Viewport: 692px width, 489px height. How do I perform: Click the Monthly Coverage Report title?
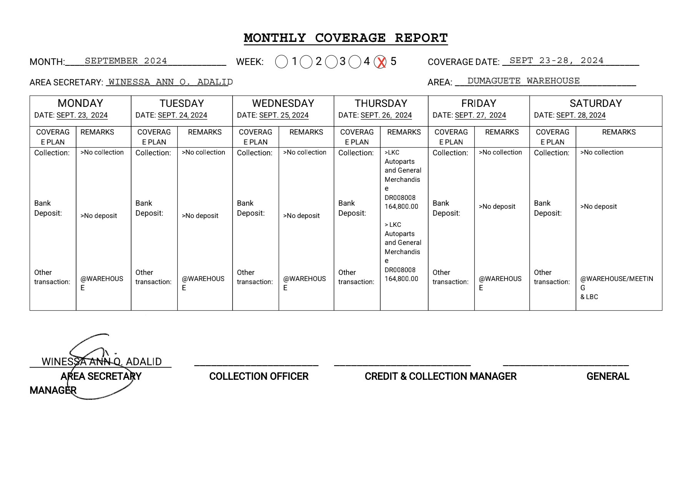click(346, 38)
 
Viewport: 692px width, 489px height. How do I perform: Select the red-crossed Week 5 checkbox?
click(380, 62)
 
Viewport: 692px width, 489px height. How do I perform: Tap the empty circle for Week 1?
click(281, 62)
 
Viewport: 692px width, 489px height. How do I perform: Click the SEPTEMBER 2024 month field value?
click(126, 61)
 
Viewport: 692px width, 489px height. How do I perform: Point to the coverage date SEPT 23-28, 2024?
click(556, 60)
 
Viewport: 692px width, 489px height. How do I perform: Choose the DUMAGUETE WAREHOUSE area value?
click(523, 81)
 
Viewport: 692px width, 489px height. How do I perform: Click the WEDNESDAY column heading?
click(283, 103)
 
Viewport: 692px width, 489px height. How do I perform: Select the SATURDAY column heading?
click(596, 103)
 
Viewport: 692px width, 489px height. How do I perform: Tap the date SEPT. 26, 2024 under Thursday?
click(386, 115)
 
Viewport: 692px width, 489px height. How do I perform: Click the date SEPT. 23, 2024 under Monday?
click(82, 115)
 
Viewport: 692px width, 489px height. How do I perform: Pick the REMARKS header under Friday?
click(502, 132)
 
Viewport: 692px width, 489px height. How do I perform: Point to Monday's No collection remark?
click(102, 153)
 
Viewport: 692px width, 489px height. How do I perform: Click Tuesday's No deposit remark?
click(200, 216)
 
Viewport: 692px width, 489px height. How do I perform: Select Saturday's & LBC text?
click(589, 297)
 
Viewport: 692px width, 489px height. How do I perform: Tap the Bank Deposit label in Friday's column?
click(446, 208)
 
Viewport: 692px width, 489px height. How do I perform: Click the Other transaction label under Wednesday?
click(255, 277)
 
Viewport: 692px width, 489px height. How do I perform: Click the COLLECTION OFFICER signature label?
click(259, 376)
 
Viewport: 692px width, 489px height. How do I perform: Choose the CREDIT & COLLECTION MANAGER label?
click(440, 376)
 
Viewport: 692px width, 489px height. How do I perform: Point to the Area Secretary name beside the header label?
click(170, 82)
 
